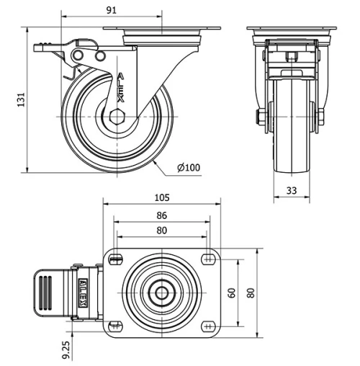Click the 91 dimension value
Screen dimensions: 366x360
[112, 10]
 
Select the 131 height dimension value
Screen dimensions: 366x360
[21, 97]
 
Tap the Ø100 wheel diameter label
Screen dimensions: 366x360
[188, 169]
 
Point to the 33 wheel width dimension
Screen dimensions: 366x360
[292, 191]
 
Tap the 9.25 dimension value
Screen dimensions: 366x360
[66, 349]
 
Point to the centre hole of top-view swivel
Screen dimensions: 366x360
[162, 293]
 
